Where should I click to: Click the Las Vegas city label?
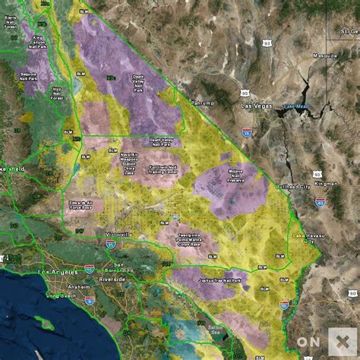(256, 107)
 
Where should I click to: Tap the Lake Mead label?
(292, 106)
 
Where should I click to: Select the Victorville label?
(115, 235)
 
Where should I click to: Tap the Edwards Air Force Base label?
(79, 205)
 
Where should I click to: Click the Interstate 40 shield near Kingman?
(321, 202)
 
